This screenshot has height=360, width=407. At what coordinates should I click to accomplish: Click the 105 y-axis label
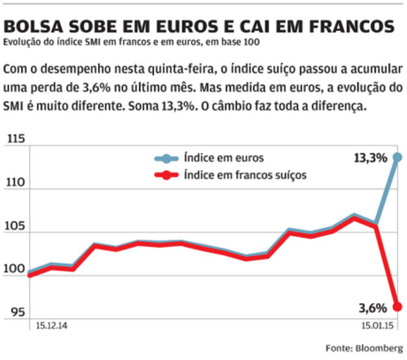pyautogui.click(x=15, y=227)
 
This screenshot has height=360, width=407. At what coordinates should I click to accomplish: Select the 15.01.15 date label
pyautogui.click(x=376, y=326)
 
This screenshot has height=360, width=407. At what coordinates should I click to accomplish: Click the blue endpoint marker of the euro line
pyautogui.click(x=398, y=157)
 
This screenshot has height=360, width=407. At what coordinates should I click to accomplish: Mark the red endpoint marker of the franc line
pyautogui.click(x=398, y=306)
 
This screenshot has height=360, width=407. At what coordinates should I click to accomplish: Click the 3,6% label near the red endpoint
pyautogui.click(x=372, y=307)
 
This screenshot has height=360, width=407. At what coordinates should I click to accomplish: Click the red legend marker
pyautogui.click(x=167, y=175)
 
